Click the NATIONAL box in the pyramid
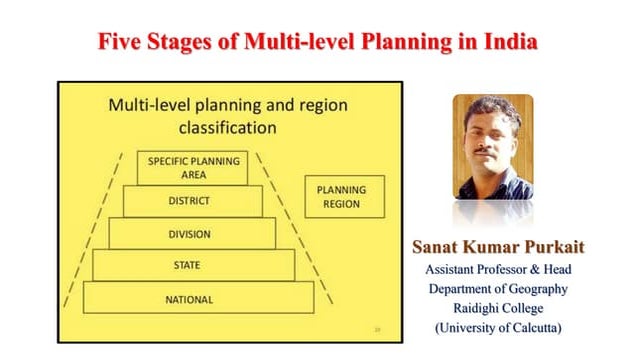tap(197, 299)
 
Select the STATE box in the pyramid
tap(194, 266)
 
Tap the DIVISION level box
tap(191, 234)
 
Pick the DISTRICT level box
tap(191, 201)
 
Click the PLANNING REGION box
tap(341, 196)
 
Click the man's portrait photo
tap(493, 148)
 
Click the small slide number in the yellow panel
tap(377, 325)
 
